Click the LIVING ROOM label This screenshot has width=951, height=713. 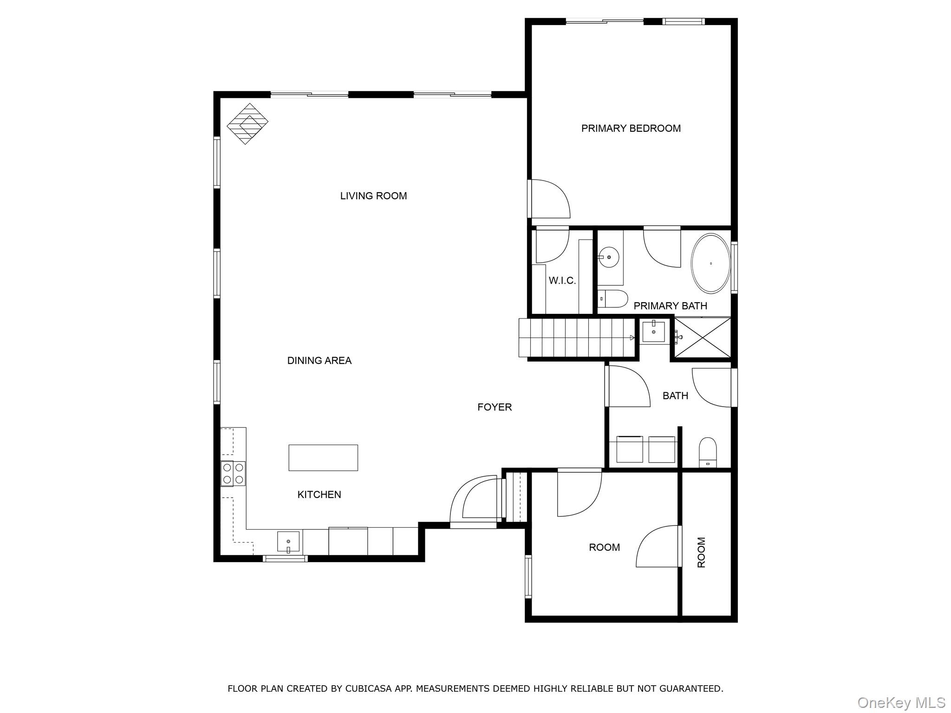click(373, 196)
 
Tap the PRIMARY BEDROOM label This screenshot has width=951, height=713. click(631, 129)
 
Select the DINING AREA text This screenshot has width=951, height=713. click(319, 361)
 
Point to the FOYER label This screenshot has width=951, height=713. click(494, 407)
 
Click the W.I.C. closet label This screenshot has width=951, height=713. click(562, 281)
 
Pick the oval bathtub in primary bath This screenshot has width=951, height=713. click(710, 264)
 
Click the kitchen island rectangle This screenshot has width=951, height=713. click(323, 458)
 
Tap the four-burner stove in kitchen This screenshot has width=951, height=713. click(233, 473)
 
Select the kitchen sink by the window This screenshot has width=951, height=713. click(288, 542)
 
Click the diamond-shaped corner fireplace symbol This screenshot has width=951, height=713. click(248, 123)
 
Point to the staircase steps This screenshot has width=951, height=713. click(576, 337)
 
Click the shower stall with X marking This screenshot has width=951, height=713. click(703, 337)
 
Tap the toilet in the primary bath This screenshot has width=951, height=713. click(612, 299)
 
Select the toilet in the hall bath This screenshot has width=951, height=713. click(708, 452)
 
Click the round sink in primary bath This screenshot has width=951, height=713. click(608, 256)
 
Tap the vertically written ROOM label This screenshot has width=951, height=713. click(701, 552)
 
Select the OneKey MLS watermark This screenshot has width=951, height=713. click(901, 703)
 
